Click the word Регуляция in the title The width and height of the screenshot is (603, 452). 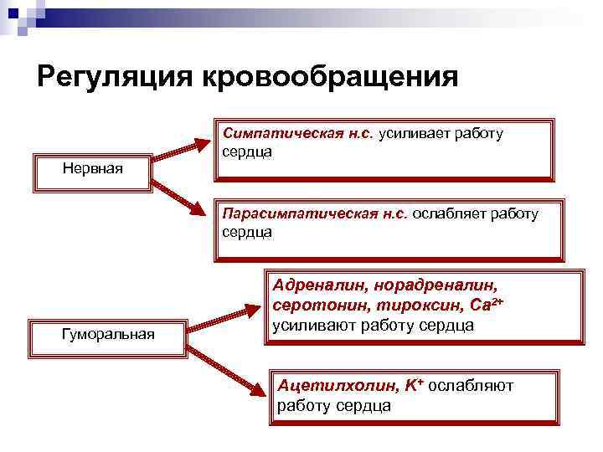pos(114,77)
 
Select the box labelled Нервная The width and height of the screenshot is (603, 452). pos(92,169)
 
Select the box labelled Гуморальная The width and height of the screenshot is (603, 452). pos(108,334)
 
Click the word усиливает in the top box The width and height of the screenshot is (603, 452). pos(415,134)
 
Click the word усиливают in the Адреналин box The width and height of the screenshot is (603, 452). pos(312,326)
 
